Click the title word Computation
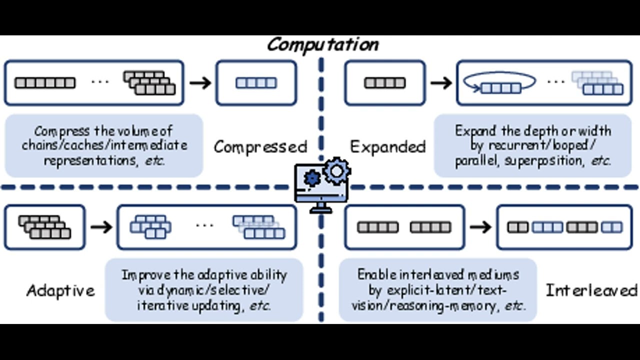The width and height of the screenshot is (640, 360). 322,44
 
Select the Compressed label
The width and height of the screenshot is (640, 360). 260,146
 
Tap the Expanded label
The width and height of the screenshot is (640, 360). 387,146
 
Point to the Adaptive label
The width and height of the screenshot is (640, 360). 60,290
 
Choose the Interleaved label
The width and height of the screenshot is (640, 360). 591,290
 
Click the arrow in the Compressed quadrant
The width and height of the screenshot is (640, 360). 200,82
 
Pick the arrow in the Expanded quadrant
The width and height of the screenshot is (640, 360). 440,82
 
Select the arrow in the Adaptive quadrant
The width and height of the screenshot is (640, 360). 101,227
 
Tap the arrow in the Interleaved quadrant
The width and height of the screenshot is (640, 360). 480,227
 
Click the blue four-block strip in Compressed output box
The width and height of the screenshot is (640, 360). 256,82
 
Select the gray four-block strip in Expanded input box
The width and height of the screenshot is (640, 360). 384,82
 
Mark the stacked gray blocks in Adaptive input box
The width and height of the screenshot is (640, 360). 45,227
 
